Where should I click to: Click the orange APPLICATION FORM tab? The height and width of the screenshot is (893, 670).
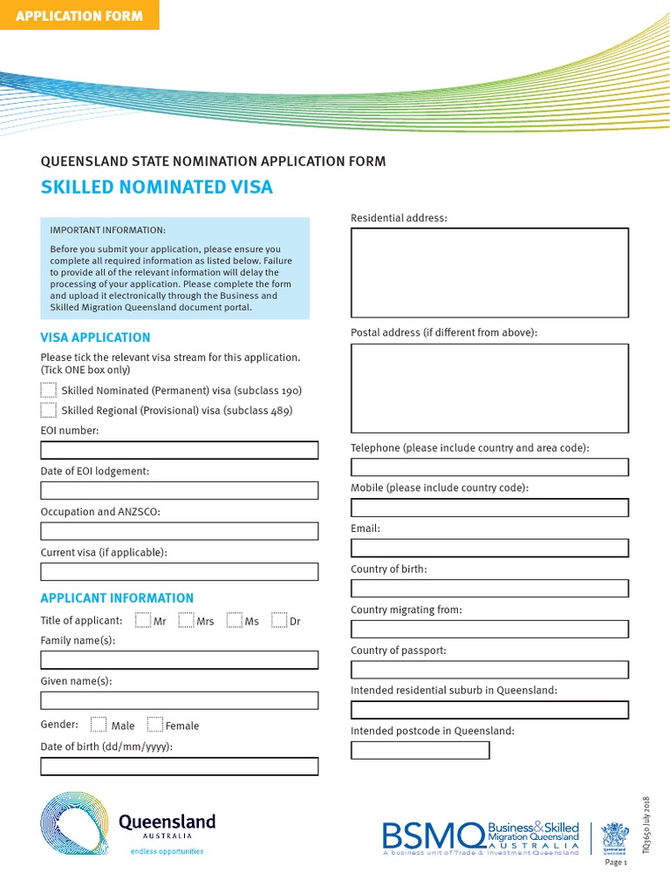tap(79, 15)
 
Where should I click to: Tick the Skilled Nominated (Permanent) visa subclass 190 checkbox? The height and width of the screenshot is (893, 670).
tap(48, 390)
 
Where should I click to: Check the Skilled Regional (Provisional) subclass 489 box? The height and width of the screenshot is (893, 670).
tap(48, 410)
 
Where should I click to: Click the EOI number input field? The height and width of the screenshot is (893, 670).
tap(179, 450)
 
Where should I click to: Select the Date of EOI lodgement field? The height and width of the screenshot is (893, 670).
tap(179, 490)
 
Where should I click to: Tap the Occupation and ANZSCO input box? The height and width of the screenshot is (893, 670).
tap(179, 531)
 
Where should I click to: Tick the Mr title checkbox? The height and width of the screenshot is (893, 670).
tap(143, 621)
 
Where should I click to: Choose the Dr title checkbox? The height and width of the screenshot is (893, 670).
tap(279, 621)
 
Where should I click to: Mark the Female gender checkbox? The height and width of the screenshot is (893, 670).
tap(154, 725)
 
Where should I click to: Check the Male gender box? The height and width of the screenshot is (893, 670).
tap(99, 725)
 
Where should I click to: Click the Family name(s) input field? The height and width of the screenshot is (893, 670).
tap(179, 659)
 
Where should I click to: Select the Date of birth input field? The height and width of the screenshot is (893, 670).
tap(179, 767)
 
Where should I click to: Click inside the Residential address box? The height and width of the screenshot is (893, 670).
tap(489, 272)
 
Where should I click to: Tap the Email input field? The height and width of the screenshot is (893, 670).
tap(489, 548)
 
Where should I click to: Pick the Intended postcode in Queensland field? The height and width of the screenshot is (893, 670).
tap(420, 750)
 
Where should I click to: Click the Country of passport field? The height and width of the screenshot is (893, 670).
tap(489, 670)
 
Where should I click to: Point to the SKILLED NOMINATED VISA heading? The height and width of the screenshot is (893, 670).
tap(157, 187)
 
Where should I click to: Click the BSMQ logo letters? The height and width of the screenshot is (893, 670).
tap(433, 835)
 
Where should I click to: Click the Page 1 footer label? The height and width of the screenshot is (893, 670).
tap(616, 862)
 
